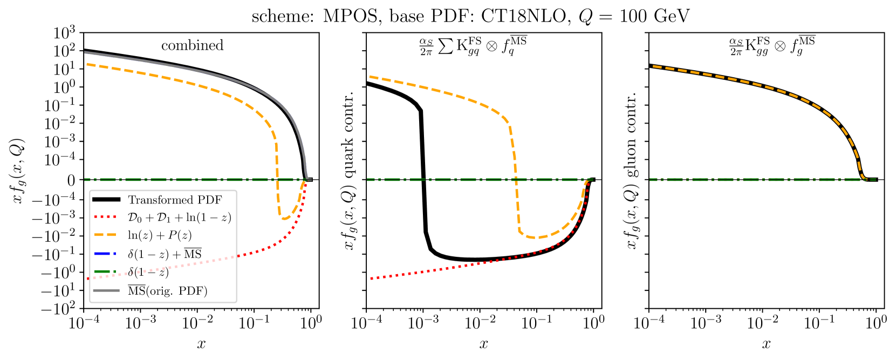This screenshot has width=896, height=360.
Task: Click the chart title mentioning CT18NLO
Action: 470,16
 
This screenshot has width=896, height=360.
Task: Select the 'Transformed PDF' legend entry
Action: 175,200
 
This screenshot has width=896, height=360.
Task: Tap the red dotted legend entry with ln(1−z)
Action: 179,218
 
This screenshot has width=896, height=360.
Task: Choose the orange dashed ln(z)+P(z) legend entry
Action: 160,235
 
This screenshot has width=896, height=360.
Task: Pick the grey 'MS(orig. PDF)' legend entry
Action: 167,291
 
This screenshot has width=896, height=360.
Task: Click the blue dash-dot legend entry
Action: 164,254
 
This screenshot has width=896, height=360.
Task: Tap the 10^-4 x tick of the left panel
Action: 84,323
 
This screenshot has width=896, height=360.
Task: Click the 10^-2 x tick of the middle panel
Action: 480,323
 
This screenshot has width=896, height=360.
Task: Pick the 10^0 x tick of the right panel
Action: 876,323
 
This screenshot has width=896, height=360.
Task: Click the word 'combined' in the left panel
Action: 192,45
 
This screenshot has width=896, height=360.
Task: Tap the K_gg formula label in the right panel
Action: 772,46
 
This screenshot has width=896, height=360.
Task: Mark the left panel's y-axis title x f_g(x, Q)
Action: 18,171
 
